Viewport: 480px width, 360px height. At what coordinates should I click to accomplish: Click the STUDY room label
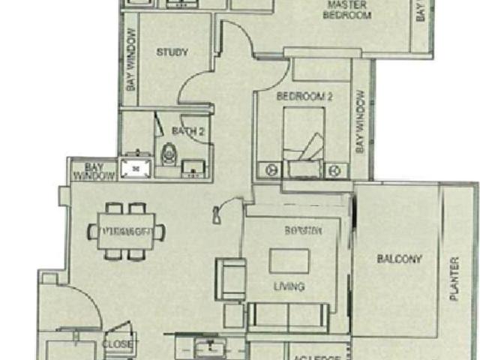pyautogui.click(x=172, y=52)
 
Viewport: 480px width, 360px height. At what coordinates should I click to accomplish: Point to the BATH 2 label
pyautogui.click(x=188, y=130)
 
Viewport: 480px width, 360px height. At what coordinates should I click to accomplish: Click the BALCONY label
pyautogui.click(x=400, y=259)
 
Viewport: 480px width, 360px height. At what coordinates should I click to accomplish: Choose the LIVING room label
pyautogui.click(x=289, y=286)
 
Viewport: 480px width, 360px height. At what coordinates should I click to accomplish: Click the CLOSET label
pyautogui.click(x=120, y=344)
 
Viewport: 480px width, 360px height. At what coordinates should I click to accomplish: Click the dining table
pyautogui.click(x=126, y=229)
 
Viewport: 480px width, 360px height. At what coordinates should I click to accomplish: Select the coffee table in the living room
pyautogui.click(x=289, y=260)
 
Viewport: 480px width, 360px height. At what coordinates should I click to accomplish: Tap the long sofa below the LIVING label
pyautogui.click(x=288, y=316)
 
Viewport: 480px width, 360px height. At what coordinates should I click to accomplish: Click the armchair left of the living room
pyautogui.click(x=230, y=279)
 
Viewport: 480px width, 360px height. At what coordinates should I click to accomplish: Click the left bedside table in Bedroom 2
pyautogui.click(x=268, y=170)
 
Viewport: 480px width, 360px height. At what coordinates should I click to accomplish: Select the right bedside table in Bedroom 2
pyautogui.click(x=336, y=170)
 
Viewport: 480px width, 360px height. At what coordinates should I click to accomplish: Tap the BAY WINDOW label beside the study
pyautogui.click(x=131, y=61)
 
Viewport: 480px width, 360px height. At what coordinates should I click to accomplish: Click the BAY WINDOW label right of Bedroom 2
pyautogui.click(x=361, y=123)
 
